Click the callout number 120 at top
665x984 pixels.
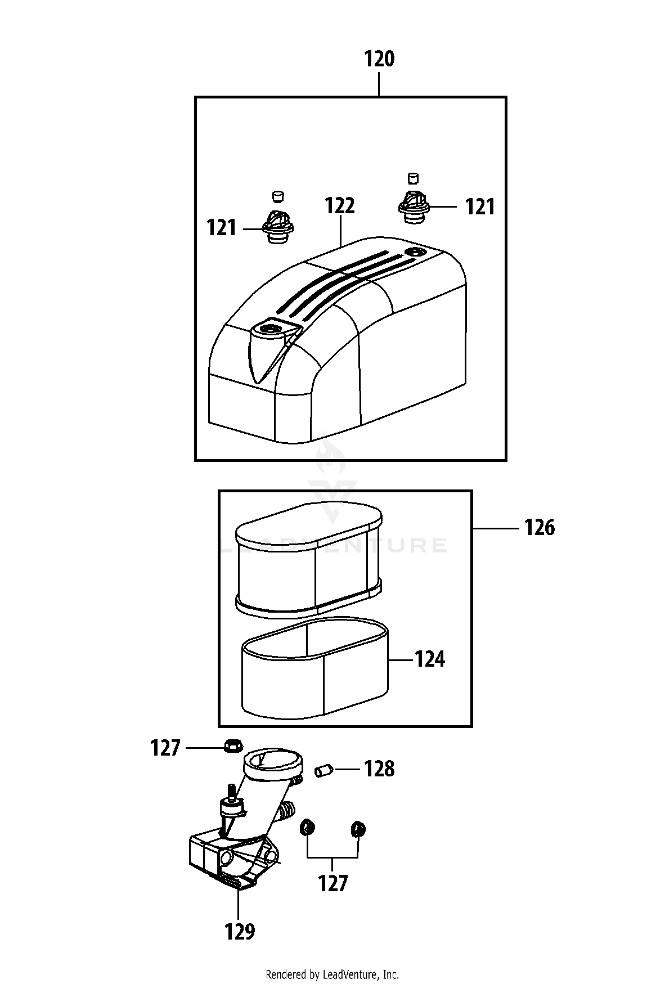379,59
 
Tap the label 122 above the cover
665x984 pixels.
339,206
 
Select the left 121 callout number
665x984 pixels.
221,228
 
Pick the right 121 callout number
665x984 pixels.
480,207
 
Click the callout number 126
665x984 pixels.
539,528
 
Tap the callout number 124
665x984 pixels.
429,659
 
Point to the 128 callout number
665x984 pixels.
379,769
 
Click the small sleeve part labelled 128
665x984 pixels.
323,770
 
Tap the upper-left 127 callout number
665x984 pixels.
165,748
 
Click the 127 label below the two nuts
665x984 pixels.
333,883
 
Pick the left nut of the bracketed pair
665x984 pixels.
308,828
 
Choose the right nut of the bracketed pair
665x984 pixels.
358,828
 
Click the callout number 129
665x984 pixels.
239,932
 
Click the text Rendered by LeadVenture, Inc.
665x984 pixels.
332,974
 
